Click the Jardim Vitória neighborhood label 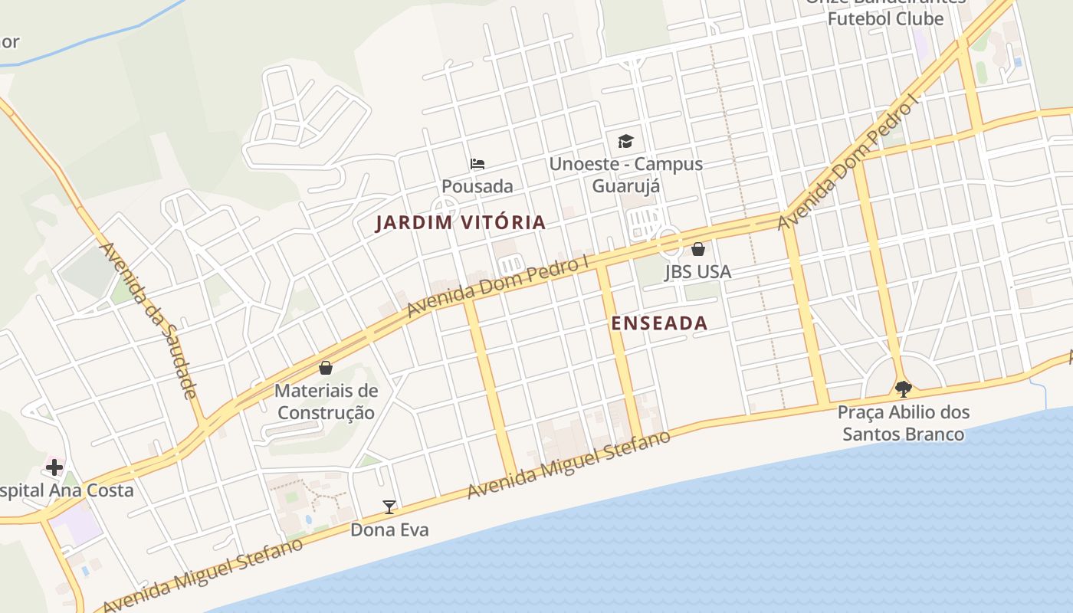(461, 223)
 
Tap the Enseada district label (659, 323)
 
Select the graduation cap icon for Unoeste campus (626, 141)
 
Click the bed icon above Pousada (477, 163)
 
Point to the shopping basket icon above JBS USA (698, 249)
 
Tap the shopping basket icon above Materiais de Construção (326, 368)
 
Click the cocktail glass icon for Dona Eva (389, 506)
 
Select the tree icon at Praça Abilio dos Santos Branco (904, 389)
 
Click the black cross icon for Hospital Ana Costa (54, 467)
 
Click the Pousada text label (477, 186)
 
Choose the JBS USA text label (697, 272)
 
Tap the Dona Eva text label (389, 529)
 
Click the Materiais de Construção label (326, 402)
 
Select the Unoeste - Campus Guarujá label (626, 175)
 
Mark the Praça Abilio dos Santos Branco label (904, 423)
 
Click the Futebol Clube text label (885, 18)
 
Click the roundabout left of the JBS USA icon (669, 243)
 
